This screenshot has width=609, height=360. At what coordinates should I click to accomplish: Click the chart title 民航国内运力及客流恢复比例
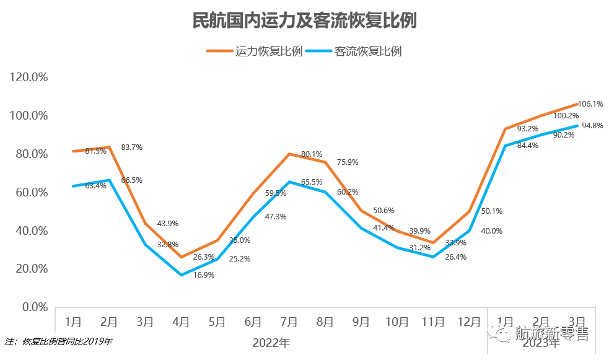[304, 20]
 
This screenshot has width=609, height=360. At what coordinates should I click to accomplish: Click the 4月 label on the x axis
[181, 322]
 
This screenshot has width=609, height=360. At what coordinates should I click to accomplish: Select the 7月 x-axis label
[289, 322]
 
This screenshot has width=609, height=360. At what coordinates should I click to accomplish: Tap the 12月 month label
[468, 322]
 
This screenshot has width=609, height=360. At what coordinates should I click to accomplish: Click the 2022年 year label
[271, 342]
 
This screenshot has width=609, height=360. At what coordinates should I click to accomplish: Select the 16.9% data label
[203, 274]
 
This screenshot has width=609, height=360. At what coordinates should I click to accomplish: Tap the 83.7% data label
[132, 147]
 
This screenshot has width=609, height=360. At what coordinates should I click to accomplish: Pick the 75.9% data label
[348, 162]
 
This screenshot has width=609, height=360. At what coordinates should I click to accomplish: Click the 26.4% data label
[455, 257]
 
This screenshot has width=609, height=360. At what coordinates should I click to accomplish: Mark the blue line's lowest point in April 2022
[181, 275]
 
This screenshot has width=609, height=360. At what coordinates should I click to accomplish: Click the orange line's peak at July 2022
[289, 154]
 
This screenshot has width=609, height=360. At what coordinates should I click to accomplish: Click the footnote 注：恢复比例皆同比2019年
[59, 341]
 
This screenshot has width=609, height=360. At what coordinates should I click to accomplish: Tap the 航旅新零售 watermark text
[551, 333]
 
